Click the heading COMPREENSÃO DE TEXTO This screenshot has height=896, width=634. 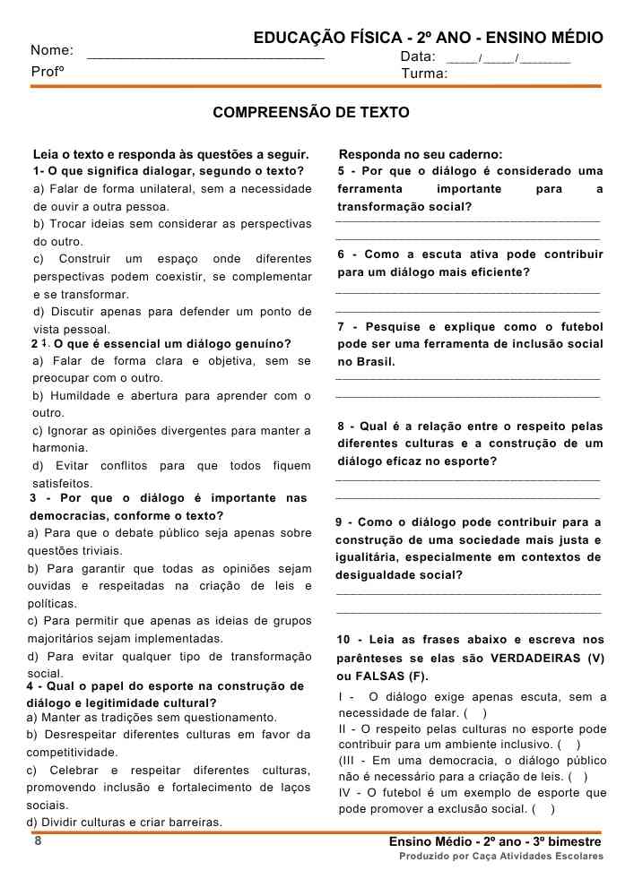tap(310, 113)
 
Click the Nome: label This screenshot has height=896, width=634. tap(52, 50)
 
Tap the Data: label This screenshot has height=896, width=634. tap(418, 56)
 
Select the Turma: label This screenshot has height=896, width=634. tap(425, 73)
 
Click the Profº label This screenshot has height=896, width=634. tap(48, 71)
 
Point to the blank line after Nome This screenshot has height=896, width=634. tap(206, 57)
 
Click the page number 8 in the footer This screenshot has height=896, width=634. tap(38, 841)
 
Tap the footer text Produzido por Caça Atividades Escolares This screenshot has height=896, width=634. tap(501, 857)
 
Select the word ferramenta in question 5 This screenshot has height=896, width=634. tap(369, 189)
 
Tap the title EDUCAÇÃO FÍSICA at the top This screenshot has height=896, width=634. tap(326, 39)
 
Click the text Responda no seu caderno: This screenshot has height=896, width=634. tap(421, 154)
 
